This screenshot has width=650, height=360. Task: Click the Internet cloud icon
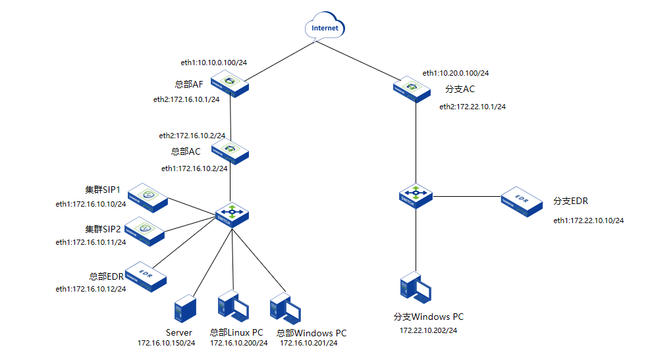pyautogui.click(x=325, y=28)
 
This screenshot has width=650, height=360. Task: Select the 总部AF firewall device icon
pyautogui.click(x=230, y=84)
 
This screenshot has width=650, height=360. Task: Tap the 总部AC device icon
pyautogui.click(x=230, y=151)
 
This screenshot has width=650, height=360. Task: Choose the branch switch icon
pyautogui.click(x=416, y=195)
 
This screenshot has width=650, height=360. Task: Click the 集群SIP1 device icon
pyautogui.click(x=149, y=197)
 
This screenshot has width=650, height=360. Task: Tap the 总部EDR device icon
pyautogui.click(x=144, y=276)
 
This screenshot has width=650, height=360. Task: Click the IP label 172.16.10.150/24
pyautogui.click(x=167, y=343)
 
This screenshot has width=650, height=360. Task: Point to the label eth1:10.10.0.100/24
pyautogui.click(x=213, y=63)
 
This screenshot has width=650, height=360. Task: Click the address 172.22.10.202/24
pyautogui.click(x=429, y=330)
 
